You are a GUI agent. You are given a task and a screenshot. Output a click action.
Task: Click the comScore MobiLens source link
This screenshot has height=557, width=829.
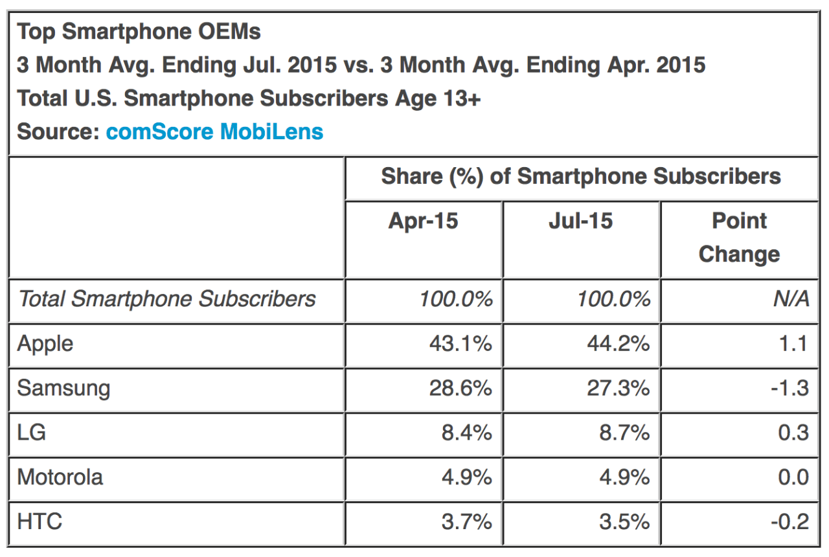(x=214, y=131)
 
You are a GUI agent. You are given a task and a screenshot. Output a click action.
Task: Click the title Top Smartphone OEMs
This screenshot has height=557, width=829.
(x=139, y=32)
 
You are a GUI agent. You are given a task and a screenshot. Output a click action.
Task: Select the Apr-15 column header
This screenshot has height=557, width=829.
(x=423, y=222)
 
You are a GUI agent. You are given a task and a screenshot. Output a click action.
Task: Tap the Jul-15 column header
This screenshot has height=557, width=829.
(x=580, y=222)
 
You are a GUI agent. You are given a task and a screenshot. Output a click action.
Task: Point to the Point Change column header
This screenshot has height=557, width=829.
(x=739, y=237)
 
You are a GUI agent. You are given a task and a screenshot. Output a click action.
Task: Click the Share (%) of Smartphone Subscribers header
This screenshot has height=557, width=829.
(x=581, y=176)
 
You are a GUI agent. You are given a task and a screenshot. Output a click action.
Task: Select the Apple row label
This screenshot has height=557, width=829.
(x=45, y=344)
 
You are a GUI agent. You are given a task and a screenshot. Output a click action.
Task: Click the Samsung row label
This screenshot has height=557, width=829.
(x=63, y=389)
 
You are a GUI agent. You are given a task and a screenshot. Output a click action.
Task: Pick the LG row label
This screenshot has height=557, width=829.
(x=32, y=432)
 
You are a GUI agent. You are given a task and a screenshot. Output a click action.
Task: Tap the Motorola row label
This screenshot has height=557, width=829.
(x=60, y=477)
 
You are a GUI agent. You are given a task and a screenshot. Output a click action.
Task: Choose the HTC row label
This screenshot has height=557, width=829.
(x=40, y=521)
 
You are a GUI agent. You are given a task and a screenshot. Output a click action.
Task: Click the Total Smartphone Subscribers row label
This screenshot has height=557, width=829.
(x=166, y=299)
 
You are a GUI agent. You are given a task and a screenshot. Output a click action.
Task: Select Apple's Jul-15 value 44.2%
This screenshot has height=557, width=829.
(x=618, y=344)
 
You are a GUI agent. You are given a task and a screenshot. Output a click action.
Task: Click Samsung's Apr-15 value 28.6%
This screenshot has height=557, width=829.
(x=460, y=389)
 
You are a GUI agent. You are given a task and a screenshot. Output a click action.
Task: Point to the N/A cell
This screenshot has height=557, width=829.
(x=791, y=299)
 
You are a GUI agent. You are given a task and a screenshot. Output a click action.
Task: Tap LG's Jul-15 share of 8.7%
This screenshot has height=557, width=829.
(x=624, y=432)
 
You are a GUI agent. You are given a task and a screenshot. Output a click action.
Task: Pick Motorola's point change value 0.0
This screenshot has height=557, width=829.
(x=793, y=477)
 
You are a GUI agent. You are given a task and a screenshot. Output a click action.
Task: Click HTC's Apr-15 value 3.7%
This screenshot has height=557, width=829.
(x=466, y=521)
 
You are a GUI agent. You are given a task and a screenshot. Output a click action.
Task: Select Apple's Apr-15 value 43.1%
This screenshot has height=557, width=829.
(x=460, y=344)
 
